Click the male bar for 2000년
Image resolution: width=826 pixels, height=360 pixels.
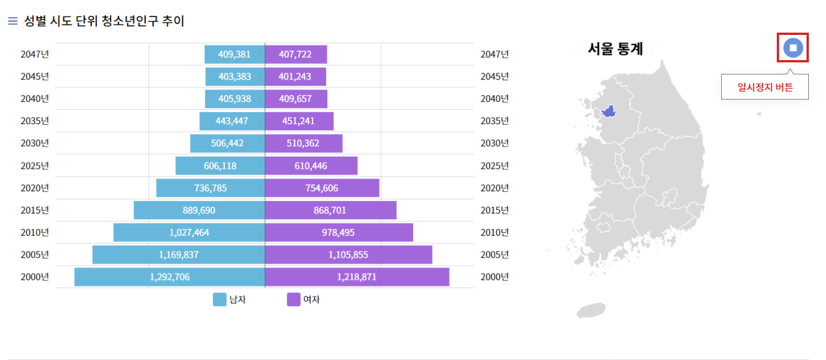[169, 277]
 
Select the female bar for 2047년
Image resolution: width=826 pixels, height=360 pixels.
[296, 54]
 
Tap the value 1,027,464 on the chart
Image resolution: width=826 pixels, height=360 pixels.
[189, 232]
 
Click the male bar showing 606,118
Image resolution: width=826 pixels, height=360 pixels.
[220, 166]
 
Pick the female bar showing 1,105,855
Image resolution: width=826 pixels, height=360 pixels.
[348, 255]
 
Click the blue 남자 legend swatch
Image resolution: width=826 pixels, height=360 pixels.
[220, 299]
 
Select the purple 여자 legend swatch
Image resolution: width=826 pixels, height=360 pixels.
[294, 299]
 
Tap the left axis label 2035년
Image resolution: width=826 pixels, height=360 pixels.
[35, 121]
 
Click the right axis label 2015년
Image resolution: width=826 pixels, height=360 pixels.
[495, 210]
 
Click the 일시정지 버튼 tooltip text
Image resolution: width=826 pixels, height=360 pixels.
[765, 88]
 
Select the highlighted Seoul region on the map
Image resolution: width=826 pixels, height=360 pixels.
[608, 111]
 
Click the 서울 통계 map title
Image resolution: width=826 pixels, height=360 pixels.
[615, 49]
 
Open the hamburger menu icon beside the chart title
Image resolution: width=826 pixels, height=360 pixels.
[13, 21]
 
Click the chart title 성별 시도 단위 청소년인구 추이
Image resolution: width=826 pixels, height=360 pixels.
[104, 21]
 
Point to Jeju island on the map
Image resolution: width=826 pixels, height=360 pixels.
[590, 311]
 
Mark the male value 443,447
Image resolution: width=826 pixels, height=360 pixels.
[232, 121]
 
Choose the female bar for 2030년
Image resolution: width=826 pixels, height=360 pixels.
[303, 143]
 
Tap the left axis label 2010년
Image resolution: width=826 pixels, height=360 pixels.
[35, 232]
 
